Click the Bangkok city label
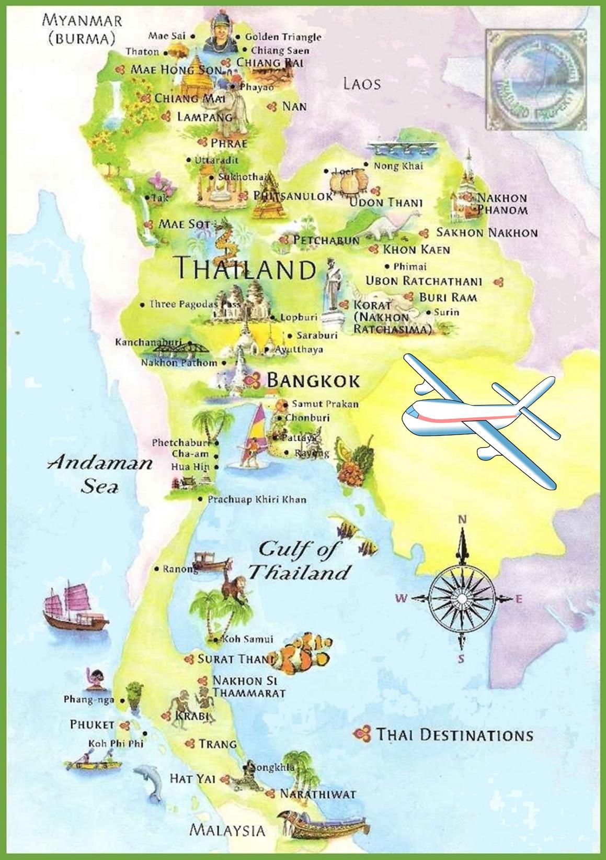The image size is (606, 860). (313, 380)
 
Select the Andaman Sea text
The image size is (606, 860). (100, 474)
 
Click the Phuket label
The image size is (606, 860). (92, 724)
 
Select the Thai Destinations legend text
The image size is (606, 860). (454, 734)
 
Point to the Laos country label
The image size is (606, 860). (362, 84)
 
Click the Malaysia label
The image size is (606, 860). (227, 830)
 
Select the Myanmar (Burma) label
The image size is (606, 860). (82, 29)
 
